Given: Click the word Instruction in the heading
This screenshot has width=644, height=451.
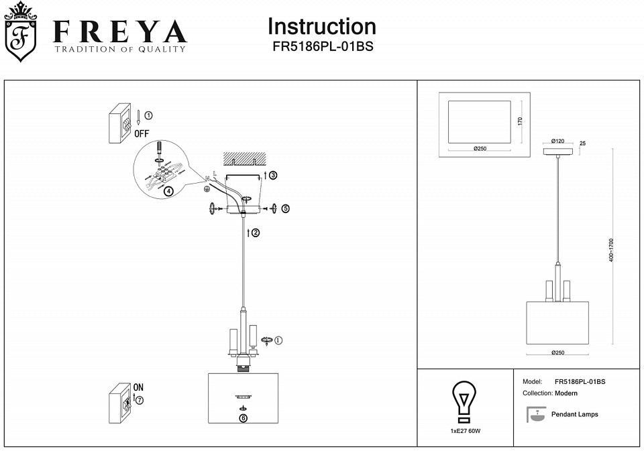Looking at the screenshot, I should (x=322, y=27).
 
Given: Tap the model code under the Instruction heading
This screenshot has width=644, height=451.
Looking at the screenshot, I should (x=322, y=48).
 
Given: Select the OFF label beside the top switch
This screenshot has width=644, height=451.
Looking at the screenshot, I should (x=142, y=133).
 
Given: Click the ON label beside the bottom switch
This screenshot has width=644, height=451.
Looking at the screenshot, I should (x=138, y=387).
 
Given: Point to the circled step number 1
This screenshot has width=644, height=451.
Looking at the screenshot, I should (x=148, y=115).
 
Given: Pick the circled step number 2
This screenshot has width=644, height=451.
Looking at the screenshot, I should (x=255, y=233).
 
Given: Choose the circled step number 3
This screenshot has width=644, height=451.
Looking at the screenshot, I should (x=273, y=175).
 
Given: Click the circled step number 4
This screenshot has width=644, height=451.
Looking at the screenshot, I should (x=168, y=191).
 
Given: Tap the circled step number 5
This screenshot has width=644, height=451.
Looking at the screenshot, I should (x=286, y=208).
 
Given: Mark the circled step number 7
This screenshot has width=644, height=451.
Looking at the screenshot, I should (x=140, y=399).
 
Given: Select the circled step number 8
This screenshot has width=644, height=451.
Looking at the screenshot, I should (x=242, y=417).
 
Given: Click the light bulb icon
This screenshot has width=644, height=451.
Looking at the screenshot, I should (x=464, y=402).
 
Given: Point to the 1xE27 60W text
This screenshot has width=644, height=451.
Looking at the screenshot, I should (x=466, y=431).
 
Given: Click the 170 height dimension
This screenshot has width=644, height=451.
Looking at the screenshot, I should (x=520, y=121).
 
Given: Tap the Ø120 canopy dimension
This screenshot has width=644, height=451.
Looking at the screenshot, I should (x=557, y=141).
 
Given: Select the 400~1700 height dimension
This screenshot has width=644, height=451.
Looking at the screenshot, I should (x=611, y=250).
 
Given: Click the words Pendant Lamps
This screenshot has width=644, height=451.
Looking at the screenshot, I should (x=574, y=414).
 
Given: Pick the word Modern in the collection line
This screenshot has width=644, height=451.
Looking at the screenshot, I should (x=566, y=393).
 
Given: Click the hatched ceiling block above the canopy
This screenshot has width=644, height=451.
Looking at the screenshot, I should (x=244, y=158).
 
